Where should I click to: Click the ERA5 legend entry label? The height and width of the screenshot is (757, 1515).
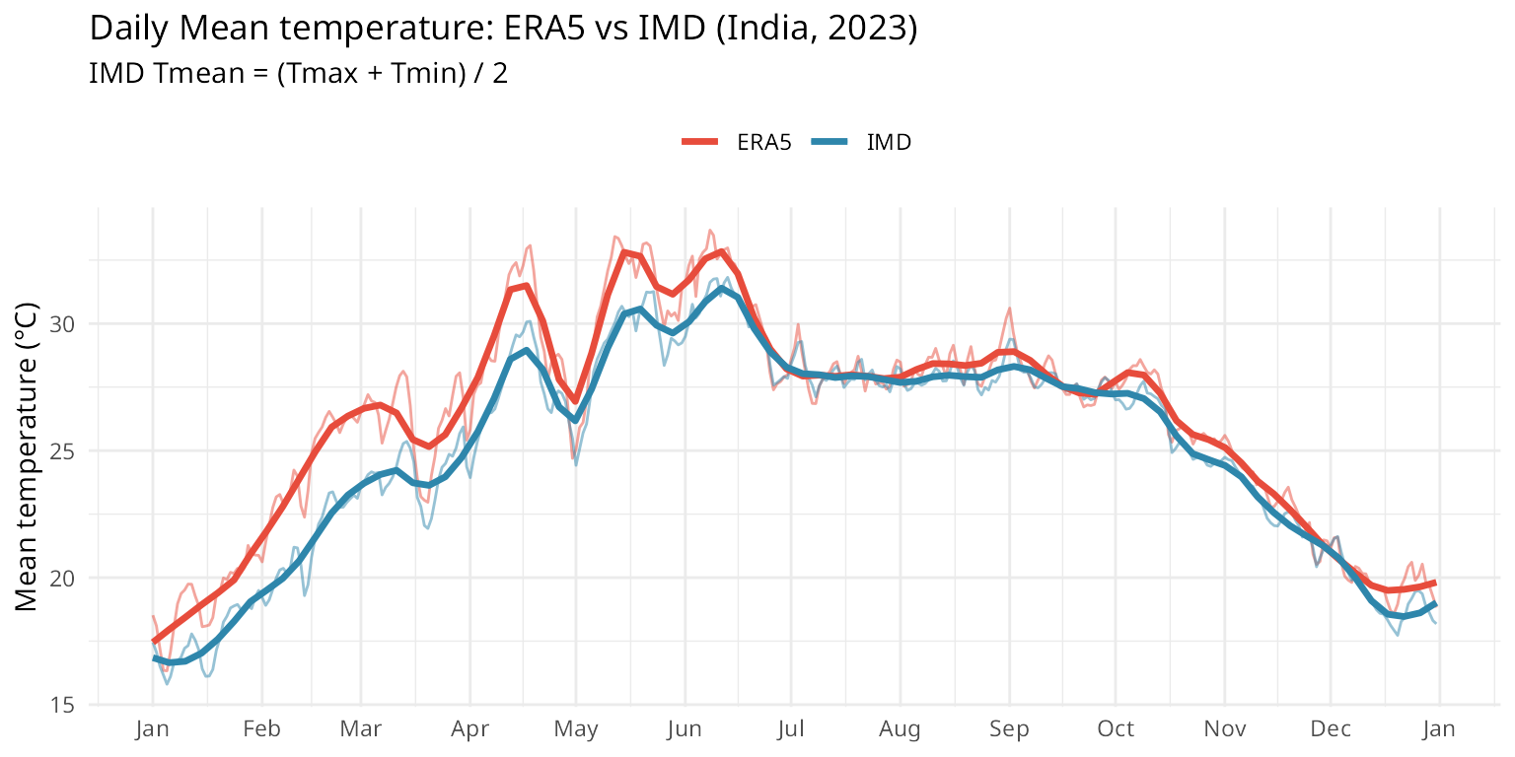pyautogui.click(x=764, y=142)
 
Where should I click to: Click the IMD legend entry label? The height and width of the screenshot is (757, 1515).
pyautogui.click(x=889, y=142)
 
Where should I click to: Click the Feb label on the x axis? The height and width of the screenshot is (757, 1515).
pyautogui.click(x=262, y=730)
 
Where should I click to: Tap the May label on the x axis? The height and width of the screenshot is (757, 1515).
pyautogui.click(x=576, y=730)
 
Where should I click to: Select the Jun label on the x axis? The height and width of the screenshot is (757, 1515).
pyautogui.click(x=685, y=730)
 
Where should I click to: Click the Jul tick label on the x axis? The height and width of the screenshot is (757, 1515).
pyautogui.click(x=790, y=730)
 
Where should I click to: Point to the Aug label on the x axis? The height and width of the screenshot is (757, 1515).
pyautogui.click(x=900, y=730)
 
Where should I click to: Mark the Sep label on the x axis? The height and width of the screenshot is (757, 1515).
pyautogui.click(x=1009, y=730)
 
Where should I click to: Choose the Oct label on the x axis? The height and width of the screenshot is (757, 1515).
pyautogui.click(x=1116, y=730)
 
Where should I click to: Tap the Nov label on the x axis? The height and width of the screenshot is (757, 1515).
pyautogui.click(x=1224, y=730)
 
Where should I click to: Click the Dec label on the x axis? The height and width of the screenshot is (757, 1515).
pyautogui.click(x=1330, y=730)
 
